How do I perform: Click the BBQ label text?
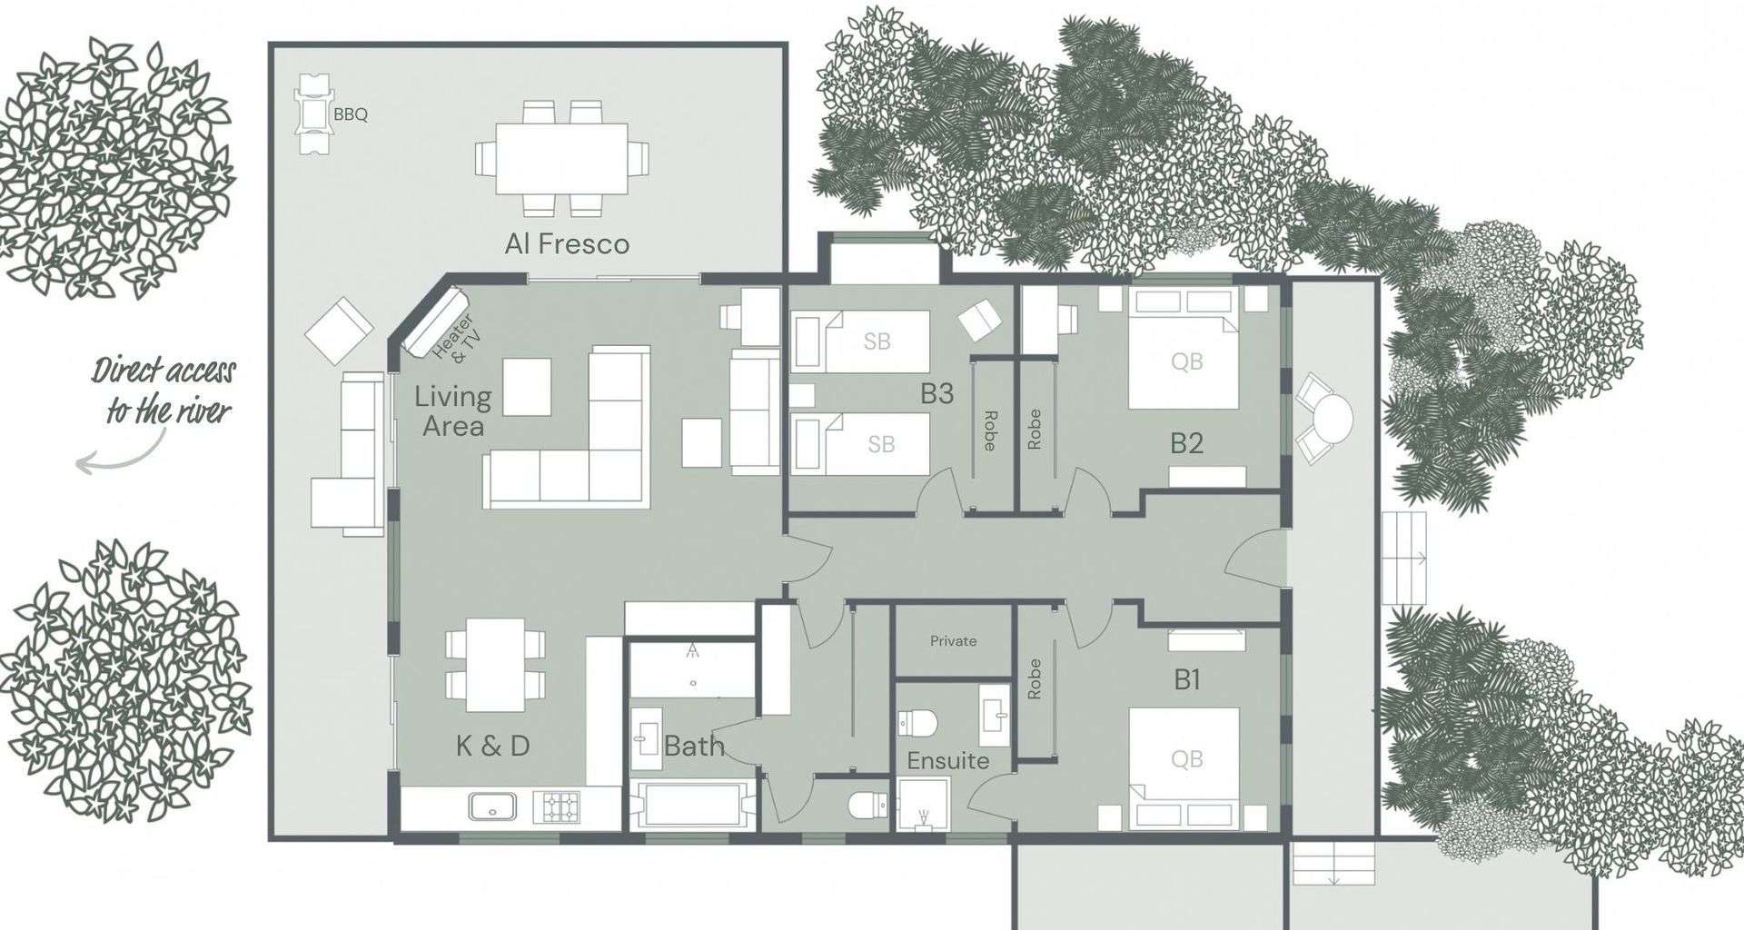point(351,115)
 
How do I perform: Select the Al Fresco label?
point(567,243)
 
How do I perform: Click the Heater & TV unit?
point(436,322)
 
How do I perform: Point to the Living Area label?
point(453,411)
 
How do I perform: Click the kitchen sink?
point(492,806)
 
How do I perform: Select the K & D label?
point(492,747)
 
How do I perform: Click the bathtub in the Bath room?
point(692,805)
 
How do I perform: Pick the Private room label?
point(953,641)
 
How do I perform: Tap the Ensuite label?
point(948,760)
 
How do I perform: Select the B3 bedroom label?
point(936,393)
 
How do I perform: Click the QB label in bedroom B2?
point(1186,361)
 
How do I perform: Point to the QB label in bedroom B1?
point(1186,759)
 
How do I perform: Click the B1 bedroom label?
point(1187,679)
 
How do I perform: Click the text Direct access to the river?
point(164,391)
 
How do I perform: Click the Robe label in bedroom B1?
point(1034,679)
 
